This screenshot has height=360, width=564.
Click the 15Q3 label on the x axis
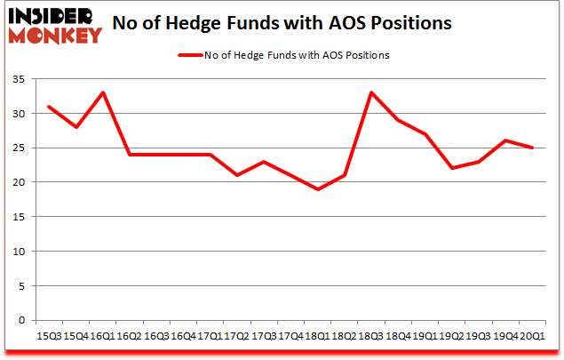click(50, 336)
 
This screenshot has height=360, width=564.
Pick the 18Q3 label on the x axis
click(371, 336)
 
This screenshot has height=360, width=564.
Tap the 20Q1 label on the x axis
click(532, 336)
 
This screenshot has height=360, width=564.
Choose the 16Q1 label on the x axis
click(104, 336)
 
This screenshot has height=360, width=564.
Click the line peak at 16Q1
click(104, 92)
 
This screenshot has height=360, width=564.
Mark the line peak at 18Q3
click(371, 92)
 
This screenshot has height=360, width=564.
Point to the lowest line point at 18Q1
click(318, 189)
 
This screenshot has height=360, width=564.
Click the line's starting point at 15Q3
click(50, 107)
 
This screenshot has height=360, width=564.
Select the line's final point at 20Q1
click(532, 148)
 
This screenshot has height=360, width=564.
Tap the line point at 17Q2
click(237, 175)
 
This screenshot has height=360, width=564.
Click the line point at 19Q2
click(452, 168)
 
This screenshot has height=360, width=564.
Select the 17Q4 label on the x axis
click(290, 336)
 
